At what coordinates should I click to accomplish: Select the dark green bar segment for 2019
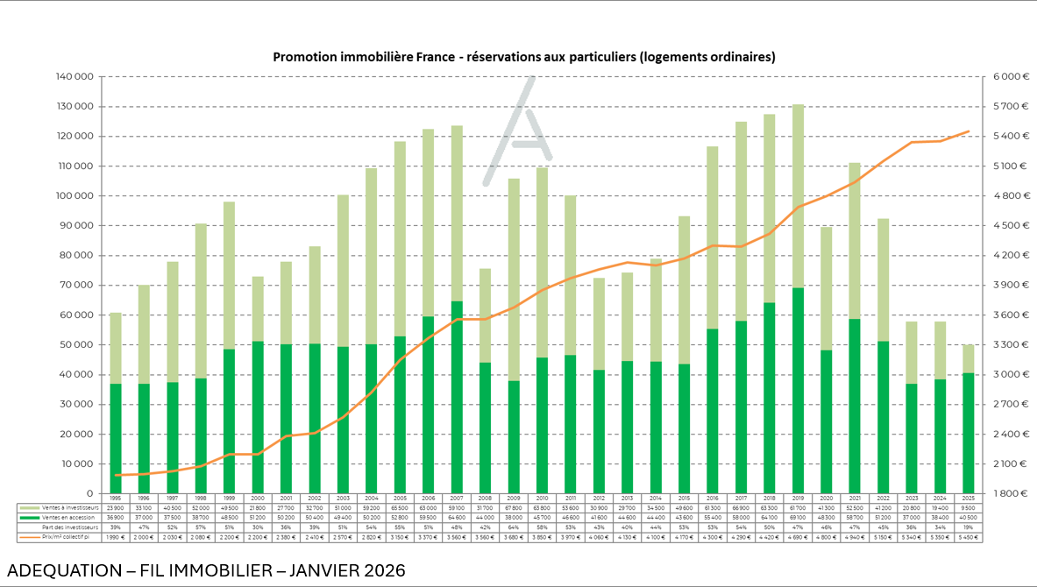(x=799, y=390)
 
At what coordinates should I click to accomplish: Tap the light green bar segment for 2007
(x=458, y=213)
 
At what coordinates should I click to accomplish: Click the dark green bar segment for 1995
(x=116, y=438)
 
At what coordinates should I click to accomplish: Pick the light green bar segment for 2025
(x=969, y=358)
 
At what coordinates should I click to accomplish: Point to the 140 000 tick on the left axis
(x=76, y=77)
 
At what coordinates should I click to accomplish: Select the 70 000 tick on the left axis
(x=78, y=286)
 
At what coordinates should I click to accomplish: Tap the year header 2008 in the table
(x=486, y=498)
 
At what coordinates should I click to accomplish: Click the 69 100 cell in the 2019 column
(x=799, y=517)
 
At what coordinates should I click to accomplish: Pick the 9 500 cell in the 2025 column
(x=969, y=507)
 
